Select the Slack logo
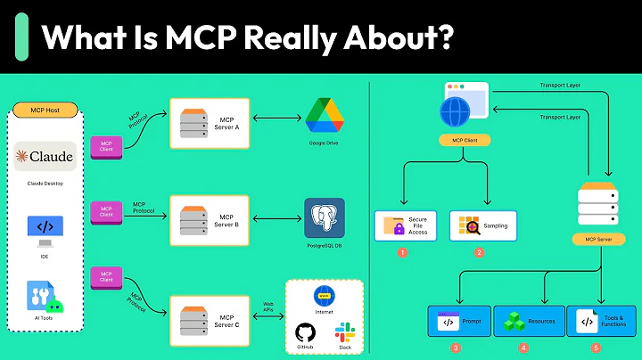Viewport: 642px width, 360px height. click(344, 333)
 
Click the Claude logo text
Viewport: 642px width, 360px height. click(45, 157)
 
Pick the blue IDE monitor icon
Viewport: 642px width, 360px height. click(45, 227)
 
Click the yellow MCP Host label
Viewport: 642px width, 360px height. click(45, 111)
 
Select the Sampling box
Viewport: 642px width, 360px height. click(484, 226)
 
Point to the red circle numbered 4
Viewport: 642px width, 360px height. click(523, 348)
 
